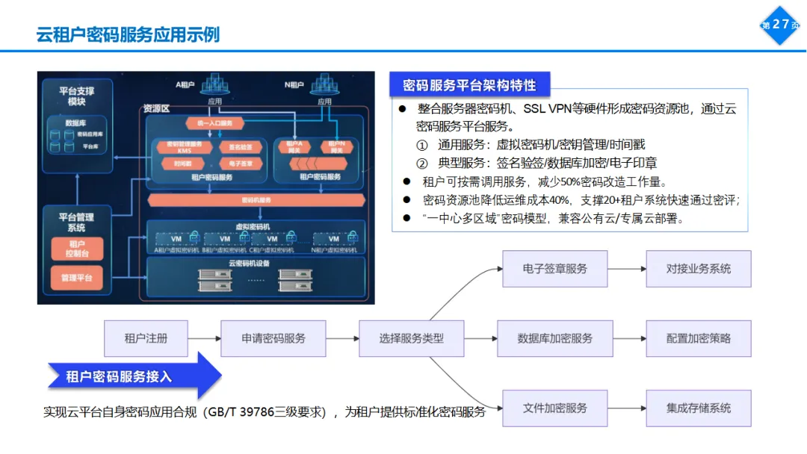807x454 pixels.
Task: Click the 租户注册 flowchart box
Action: [x=146, y=338]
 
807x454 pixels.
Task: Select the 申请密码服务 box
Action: [x=273, y=338]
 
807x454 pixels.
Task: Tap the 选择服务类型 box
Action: [x=412, y=338]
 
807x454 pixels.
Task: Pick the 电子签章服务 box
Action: [x=554, y=269]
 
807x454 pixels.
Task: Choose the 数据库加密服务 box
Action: [x=554, y=338]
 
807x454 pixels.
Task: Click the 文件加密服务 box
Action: [x=554, y=408]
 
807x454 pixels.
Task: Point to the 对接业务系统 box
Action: [x=699, y=269]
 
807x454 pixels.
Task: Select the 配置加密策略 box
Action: [x=699, y=338]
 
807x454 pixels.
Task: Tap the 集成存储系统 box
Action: [x=699, y=408]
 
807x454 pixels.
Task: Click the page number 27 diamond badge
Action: [x=780, y=25]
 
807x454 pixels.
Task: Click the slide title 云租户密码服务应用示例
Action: [x=128, y=34]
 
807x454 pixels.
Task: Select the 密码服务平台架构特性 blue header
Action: [x=469, y=84]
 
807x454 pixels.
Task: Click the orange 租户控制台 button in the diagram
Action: [x=77, y=249]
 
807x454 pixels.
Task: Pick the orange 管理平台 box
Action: [x=77, y=279]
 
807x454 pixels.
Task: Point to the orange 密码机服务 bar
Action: [x=256, y=200]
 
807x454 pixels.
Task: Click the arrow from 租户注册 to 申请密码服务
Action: [x=205, y=338]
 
